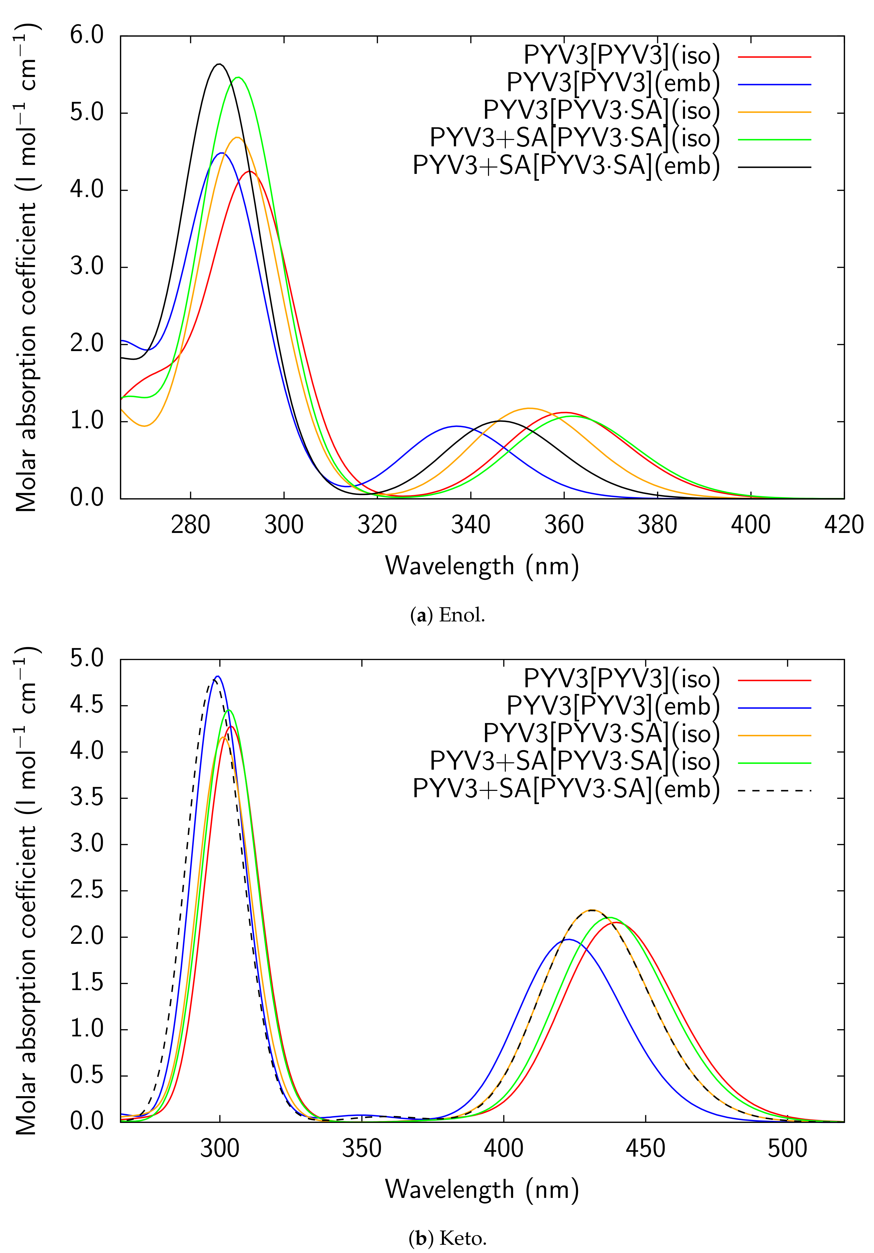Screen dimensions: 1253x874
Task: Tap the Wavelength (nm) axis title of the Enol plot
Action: (482, 566)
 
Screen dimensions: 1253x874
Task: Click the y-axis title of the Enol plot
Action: (26, 267)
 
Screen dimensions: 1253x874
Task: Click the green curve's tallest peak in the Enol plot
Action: (238, 77)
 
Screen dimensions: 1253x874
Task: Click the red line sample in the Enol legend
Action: (775, 57)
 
